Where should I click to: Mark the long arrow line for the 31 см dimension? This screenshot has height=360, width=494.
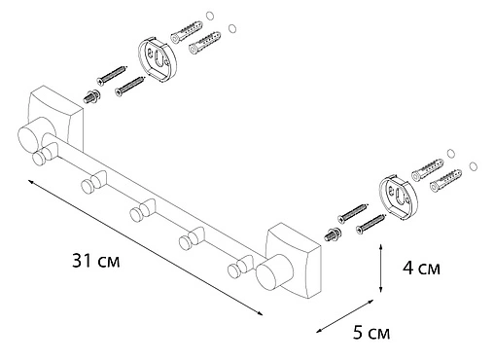coord(146,248)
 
